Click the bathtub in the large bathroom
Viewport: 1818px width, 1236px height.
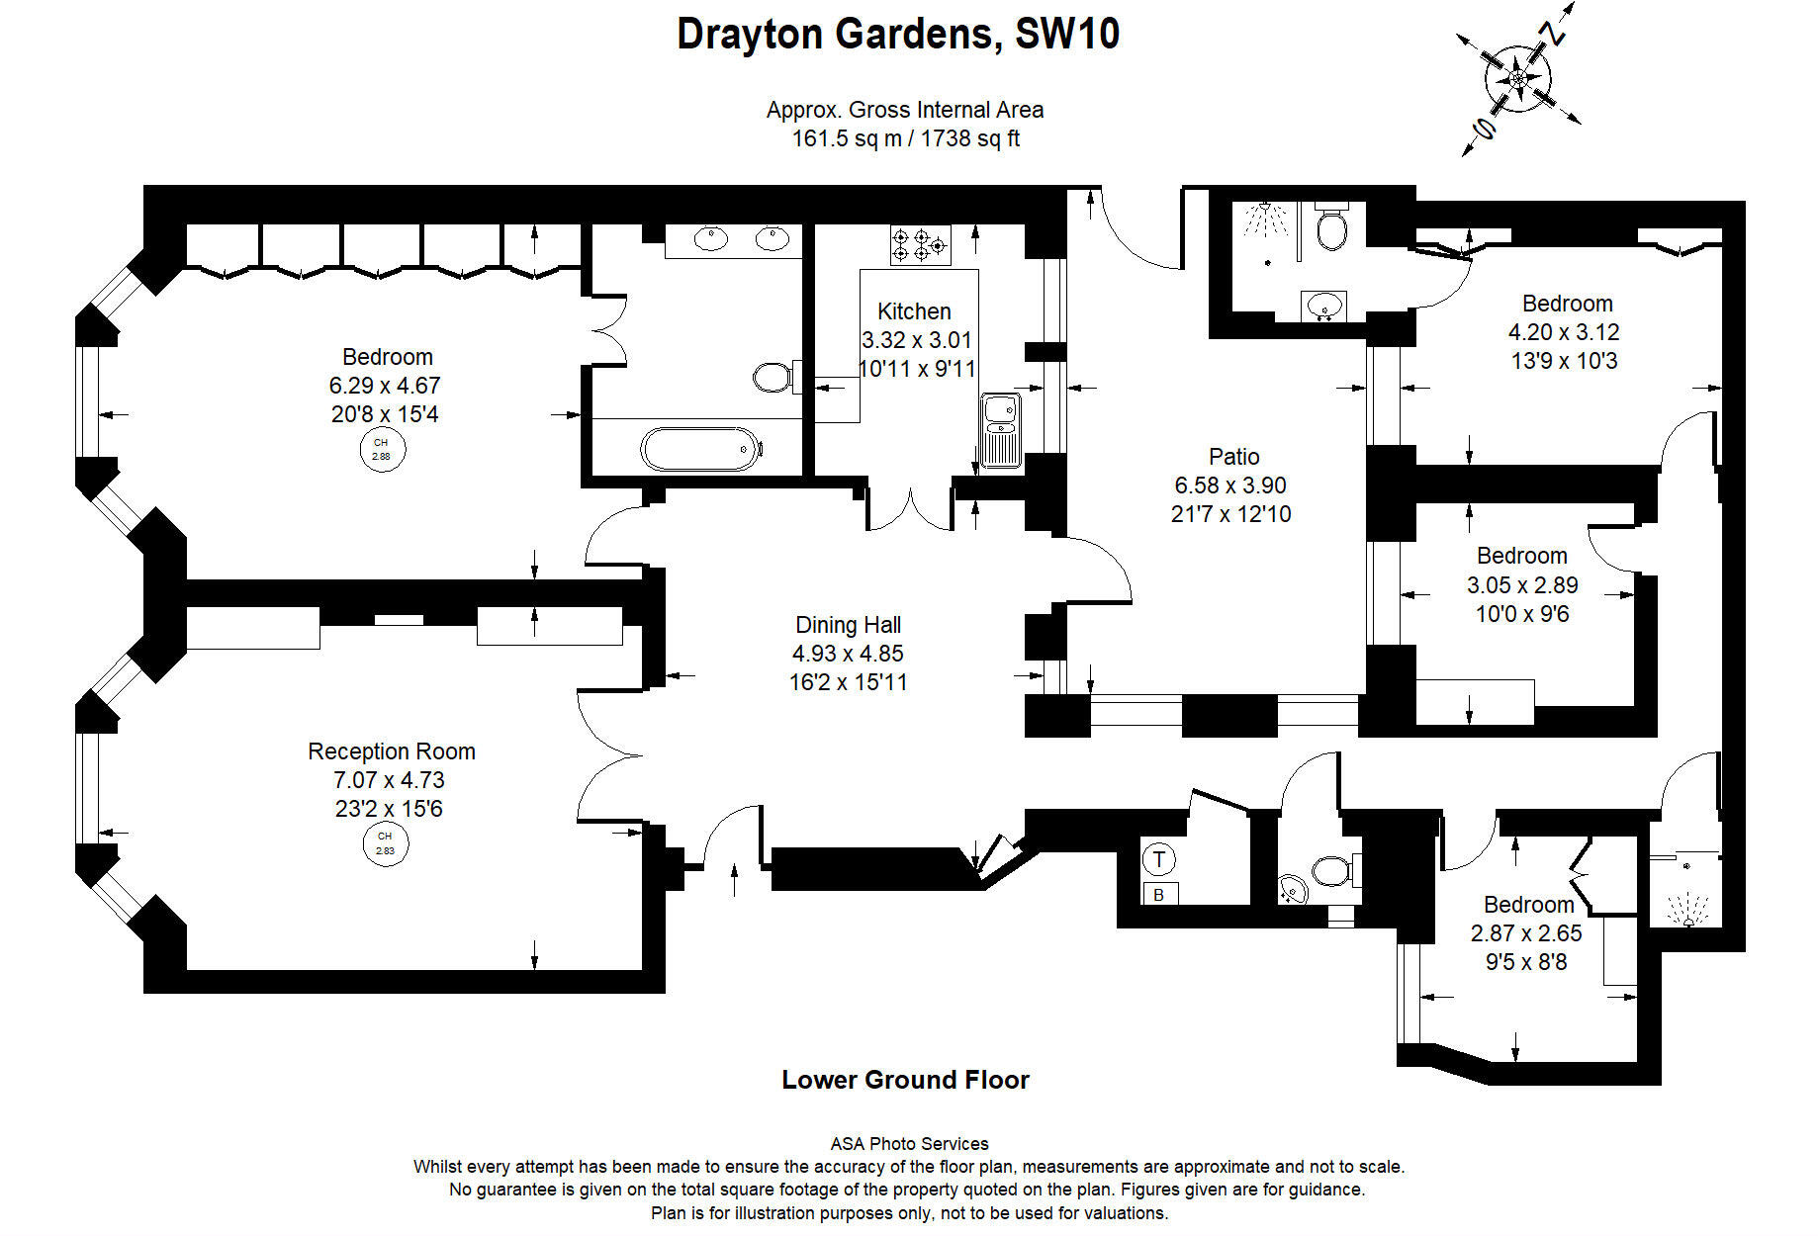[x=701, y=449]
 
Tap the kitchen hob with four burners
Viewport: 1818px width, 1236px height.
[x=921, y=244]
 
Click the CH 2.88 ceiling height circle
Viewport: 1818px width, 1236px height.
[x=382, y=450]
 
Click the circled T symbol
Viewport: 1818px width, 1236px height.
[x=1159, y=858]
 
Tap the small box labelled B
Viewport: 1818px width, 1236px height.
[x=1159, y=895]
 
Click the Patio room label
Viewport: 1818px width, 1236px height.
[x=1233, y=457]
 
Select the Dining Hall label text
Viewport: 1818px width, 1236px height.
[x=848, y=625]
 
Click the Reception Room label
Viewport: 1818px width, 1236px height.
[x=391, y=751]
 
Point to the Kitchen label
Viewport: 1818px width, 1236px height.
[x=914, y=311]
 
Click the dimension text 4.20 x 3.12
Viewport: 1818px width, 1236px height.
[x=1564, y=332]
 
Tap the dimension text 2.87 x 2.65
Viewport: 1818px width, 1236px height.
[x=1526, y=933]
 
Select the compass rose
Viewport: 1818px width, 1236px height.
[x=1517, y=78]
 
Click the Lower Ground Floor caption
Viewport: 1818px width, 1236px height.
[x=905, y=1080]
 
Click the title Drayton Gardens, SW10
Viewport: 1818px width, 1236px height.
[x=898, y=35]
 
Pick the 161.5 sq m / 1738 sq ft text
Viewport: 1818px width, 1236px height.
[x=905, y=138]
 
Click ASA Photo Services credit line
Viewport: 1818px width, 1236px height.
[x=909, y=1144]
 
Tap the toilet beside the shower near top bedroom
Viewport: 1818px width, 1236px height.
[x=1332, y=229]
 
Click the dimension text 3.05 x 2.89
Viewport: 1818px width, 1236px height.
[x=1521, y=585]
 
